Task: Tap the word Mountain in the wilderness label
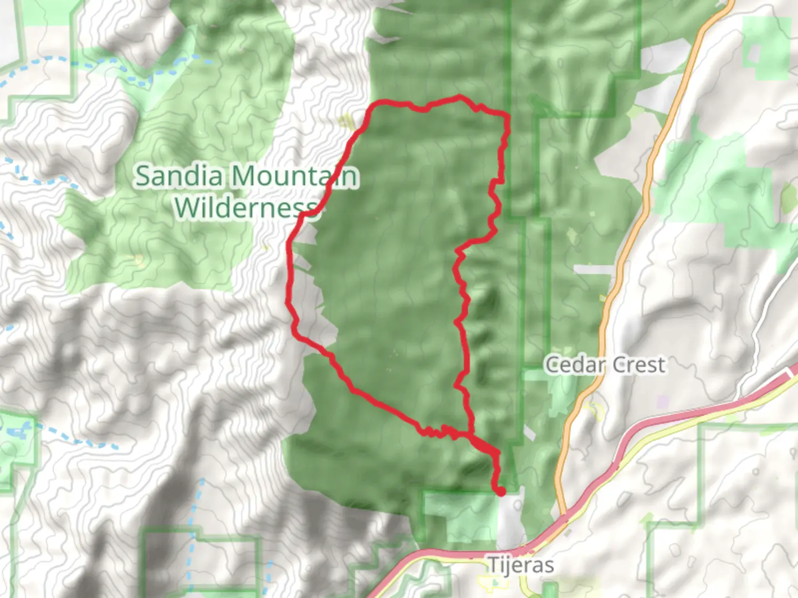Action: coord(294,176)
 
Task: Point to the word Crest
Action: coord(638,365)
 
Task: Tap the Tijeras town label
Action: coord(520,565)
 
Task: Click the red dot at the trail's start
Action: coord(501,491)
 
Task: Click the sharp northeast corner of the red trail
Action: coord(507,115)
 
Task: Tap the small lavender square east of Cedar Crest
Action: coord(663,400)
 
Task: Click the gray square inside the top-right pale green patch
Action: coord(754,53)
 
